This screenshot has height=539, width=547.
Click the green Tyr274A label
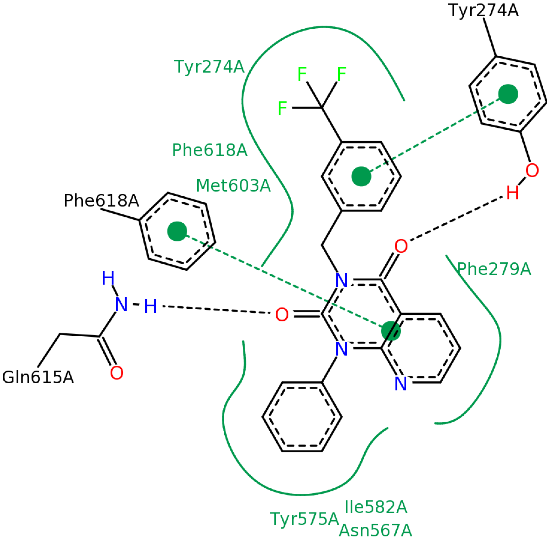pos(209,67)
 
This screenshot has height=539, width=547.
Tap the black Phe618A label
pos(101,201)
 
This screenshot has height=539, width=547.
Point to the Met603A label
pos(233,186)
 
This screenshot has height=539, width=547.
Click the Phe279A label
pos(494,269)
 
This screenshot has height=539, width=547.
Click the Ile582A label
pos(376,507)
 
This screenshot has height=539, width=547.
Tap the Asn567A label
pos(375,530)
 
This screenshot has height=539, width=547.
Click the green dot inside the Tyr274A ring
pos(508,94)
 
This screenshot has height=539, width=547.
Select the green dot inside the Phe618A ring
pos(177,231)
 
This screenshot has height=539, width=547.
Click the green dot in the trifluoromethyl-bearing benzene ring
pos(361,176)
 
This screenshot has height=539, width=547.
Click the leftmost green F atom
pos(282,108)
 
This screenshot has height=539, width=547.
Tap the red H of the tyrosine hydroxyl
pos(513,193)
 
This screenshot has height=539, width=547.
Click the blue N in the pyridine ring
pos(401,384)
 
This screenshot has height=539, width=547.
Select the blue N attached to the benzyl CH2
pos(341,280)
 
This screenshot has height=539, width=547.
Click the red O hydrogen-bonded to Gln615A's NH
pos(282,314)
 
